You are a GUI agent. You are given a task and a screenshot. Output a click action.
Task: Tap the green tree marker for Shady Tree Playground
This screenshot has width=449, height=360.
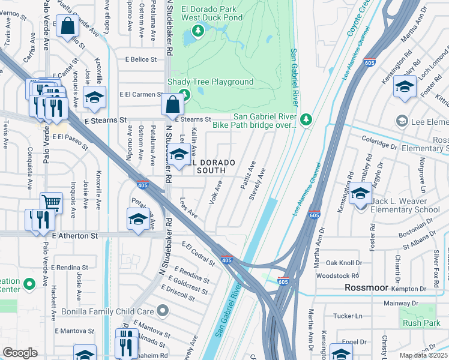[x=184, y=94]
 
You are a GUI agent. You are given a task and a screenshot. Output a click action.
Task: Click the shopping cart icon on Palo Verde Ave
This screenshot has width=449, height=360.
[x=51, y=203]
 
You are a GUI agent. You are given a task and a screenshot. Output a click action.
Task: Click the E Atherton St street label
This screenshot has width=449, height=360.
[x=74, y=236]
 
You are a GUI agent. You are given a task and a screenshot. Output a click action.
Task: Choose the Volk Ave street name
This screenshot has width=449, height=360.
[x=215, y=191]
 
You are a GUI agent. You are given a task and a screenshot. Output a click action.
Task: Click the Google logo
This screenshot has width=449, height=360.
[x=20, y=352]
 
